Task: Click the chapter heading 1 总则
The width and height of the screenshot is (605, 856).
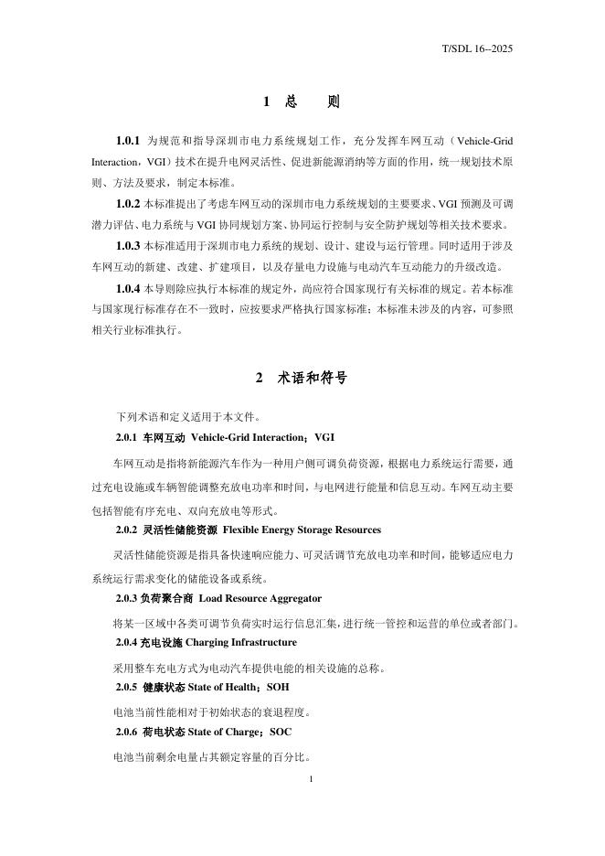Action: (x=302, y=102)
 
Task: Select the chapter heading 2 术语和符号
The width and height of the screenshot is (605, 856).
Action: (x=302, y=377)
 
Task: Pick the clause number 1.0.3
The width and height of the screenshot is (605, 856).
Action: (x=128, y=246)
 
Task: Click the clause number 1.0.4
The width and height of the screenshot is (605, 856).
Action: (x=128, y=289)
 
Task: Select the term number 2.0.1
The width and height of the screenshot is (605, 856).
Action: (x=126, y=437)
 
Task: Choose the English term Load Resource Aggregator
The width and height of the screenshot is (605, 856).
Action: (x=260, y=597)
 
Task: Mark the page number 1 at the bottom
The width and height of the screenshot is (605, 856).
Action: (x=312, y=779)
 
